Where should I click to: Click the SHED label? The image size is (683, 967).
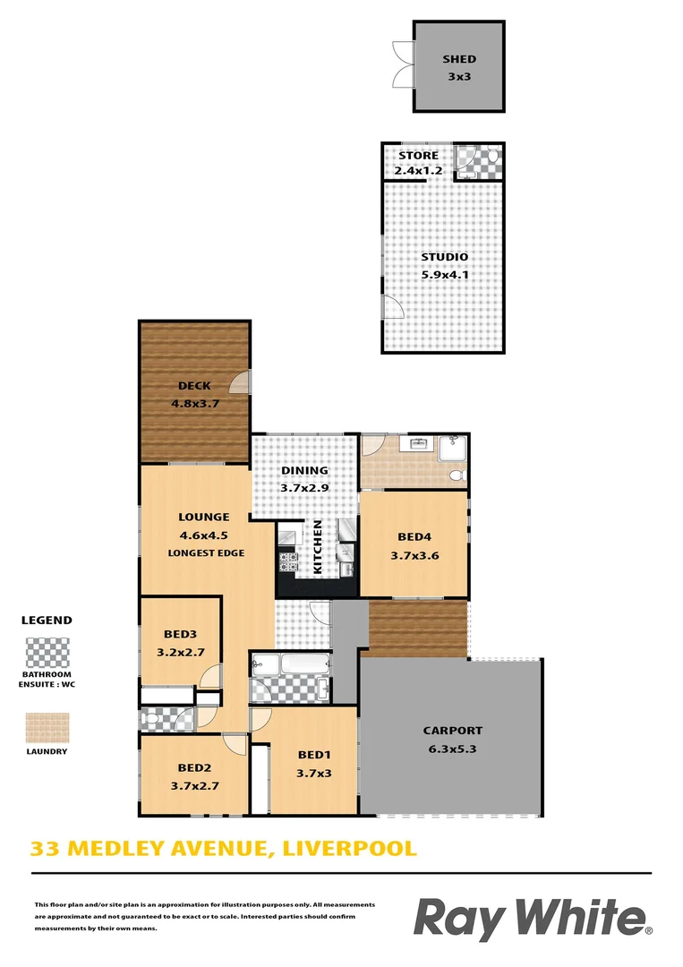coord(459,59)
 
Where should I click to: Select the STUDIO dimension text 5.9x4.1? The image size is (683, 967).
coord(445,275)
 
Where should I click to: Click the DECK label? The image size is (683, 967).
coord(194,386)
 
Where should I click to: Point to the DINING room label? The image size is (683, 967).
coord(305,470)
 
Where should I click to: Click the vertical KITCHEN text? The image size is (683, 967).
coord(317,547)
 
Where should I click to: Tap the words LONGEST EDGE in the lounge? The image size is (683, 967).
coord(206,553)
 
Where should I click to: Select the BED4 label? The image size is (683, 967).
coord(414,538)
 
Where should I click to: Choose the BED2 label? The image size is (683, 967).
coord(194,767)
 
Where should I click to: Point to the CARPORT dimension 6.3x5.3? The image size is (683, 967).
coord(452,749)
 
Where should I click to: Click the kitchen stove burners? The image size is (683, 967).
coord(289,562)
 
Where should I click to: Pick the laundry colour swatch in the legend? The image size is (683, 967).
coord(47,727)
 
